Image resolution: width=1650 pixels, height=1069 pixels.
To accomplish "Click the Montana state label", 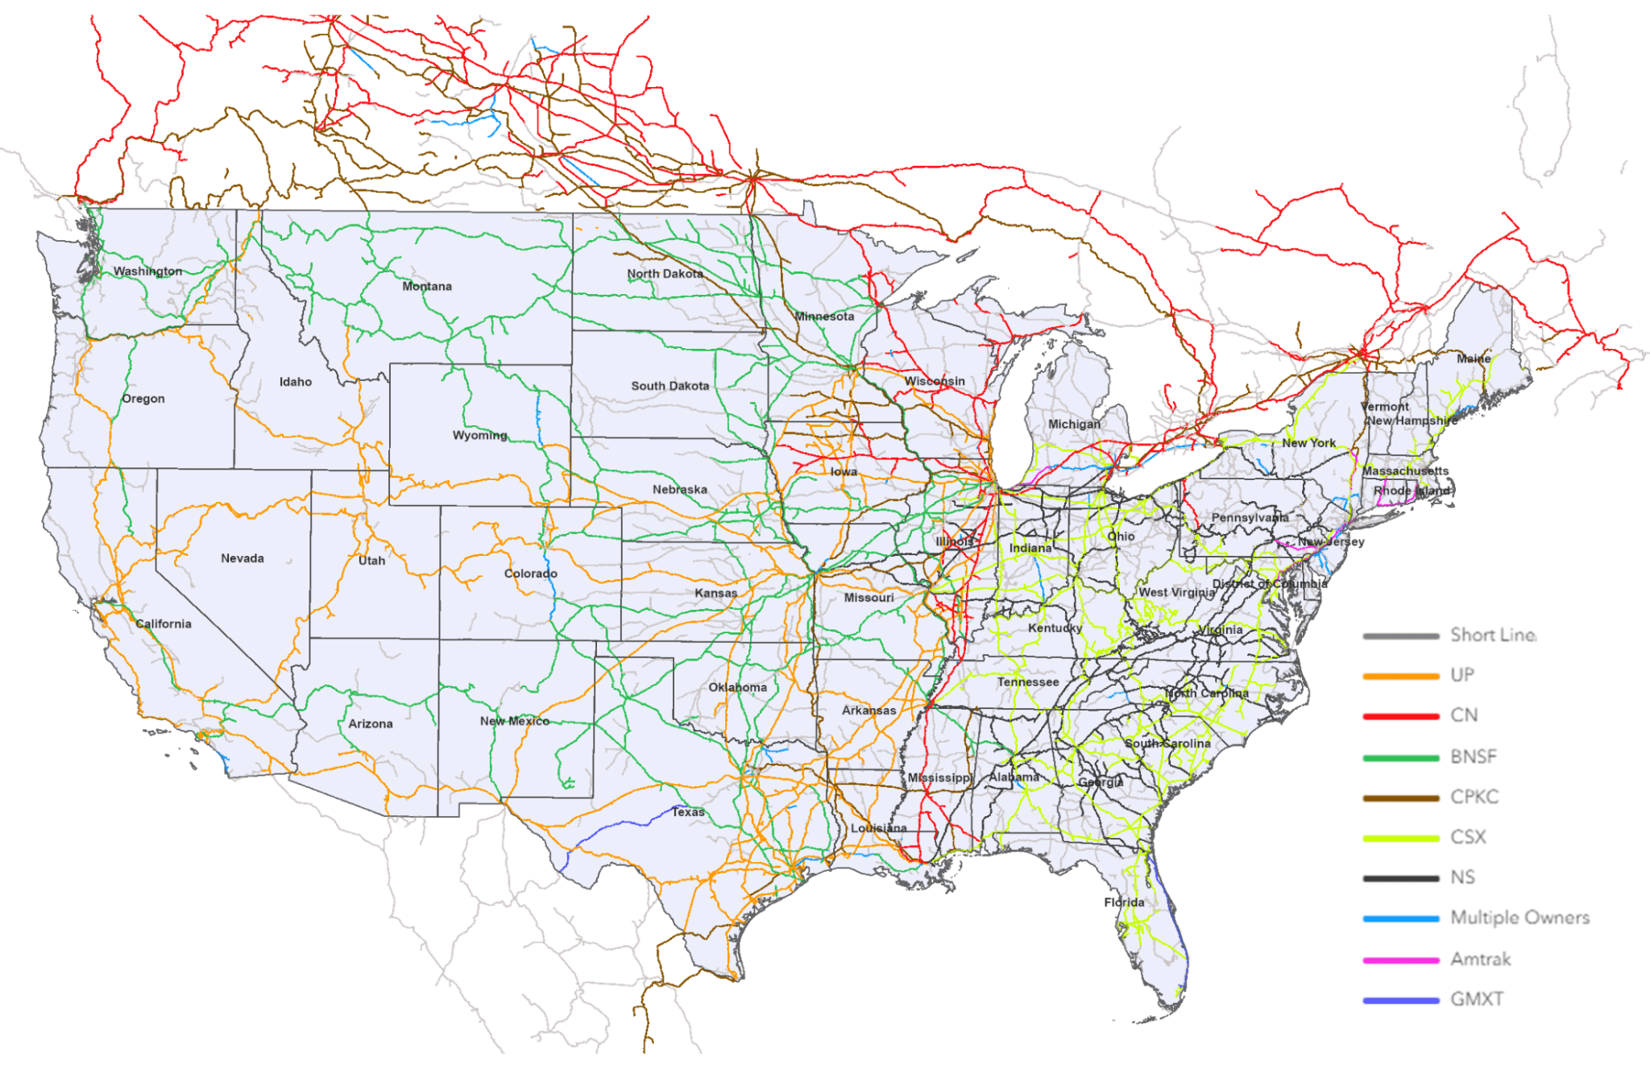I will tap(427, 286).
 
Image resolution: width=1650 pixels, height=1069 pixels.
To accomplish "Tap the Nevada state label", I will tap(243, 558).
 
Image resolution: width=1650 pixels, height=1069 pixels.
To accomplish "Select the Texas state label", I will tap(688, 812).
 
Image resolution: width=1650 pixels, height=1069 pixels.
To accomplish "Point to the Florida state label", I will tap(1124, 902).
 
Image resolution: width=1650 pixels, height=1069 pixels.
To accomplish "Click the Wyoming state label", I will tap(480, 435).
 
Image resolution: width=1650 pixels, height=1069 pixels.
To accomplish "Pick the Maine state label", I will tap(1474, 358).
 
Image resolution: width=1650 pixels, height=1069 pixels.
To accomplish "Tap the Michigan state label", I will tap(1074, 424).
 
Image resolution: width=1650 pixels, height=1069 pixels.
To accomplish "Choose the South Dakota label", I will tap(670, 386).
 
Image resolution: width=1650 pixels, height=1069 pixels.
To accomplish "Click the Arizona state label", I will tap(371, 723).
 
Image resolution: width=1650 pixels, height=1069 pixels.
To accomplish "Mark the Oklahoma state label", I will tap(738, 687).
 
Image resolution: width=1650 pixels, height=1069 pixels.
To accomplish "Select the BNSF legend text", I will tap(1474, 756).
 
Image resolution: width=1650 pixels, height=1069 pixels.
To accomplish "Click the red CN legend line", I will tap(1401, 716).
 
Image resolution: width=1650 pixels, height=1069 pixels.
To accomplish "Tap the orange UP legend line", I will tap(1401, 676).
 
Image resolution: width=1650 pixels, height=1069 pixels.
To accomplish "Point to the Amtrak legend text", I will tap(1481, 959).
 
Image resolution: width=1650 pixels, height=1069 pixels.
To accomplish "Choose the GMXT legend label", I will tap(1477, 999).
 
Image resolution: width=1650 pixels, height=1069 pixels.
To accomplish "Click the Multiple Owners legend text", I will tap(1519, 918).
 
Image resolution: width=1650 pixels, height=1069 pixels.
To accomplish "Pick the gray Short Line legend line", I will tap(1401, 636).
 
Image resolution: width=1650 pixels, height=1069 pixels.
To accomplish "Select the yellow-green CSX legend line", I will tap(1401, 838).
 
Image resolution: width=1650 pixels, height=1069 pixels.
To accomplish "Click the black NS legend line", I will tap(1401, 878).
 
